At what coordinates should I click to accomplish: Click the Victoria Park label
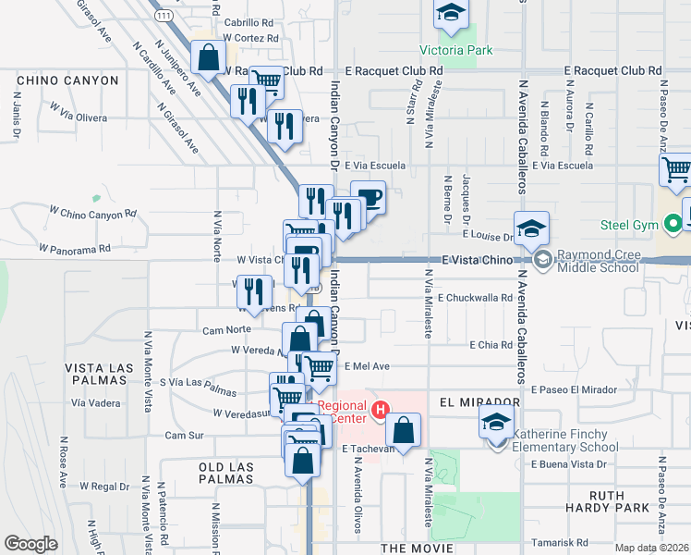pos(455,50)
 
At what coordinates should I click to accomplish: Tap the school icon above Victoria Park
pos(451,13)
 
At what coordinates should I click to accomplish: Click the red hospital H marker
pos(378,409)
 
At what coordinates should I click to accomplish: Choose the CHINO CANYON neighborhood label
pos(67,80)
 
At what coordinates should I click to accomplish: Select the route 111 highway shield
pos(164,17)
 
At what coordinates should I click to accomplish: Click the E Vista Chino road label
pos(477,261)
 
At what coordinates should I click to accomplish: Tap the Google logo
pos(30,544)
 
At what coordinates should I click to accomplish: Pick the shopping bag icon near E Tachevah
pos(404,430)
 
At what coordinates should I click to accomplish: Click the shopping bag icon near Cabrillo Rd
pos(209,57)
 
